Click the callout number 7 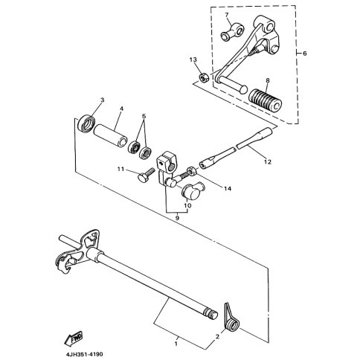click(227, 15)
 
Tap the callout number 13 click(193, 60)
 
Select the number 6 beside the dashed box click(305, 54)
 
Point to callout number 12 click(268, 162)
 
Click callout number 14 click(228, 189)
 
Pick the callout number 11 click(120, 169)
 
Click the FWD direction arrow click(74, 338)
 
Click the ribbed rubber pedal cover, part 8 click(266, 100)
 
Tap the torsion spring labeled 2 click(232, 319)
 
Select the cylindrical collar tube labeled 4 click(110, 135)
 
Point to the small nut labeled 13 click(204, 78)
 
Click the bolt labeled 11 click(146, 175)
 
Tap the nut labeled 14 click(192, 170)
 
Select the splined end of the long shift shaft click(210, 314)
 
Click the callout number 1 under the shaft click(176, 344)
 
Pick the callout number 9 click(177, 218)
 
